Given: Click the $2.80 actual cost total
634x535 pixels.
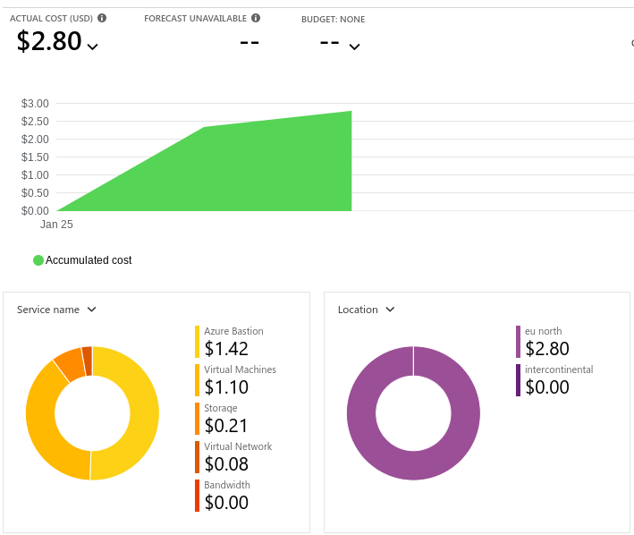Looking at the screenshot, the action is (49, 41).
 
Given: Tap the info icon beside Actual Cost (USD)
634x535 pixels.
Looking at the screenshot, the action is (102, 18).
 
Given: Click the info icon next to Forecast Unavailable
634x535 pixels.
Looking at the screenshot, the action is (256, 18).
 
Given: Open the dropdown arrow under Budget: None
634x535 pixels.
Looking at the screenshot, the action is (354, 47).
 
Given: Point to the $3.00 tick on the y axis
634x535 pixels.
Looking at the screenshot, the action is (35, 104).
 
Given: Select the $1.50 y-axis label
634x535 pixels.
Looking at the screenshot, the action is (35, 157).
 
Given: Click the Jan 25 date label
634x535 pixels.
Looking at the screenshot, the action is (56, 225).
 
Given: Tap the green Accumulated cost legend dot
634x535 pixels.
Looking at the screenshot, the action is (38, 260).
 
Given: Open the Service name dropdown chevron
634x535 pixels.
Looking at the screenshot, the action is (92, 310).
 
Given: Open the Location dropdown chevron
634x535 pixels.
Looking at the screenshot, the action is (390, 310).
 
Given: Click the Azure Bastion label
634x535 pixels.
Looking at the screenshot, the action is (233, 331).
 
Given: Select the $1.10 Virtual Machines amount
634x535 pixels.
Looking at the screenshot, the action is (226, 387).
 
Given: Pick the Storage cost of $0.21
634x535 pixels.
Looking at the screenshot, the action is (226, 426).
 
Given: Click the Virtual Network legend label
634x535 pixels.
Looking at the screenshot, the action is (238, 446).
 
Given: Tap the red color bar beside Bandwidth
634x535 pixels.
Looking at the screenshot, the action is (197, 496).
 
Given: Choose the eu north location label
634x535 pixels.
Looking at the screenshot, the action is (543, 331).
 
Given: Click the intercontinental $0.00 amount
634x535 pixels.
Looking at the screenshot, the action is (547, 387).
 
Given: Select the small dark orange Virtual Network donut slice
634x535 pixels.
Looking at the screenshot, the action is (88, 361).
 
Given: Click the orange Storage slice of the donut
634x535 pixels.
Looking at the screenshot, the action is (70, 364).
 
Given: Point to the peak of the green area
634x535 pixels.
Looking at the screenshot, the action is (351, 111).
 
